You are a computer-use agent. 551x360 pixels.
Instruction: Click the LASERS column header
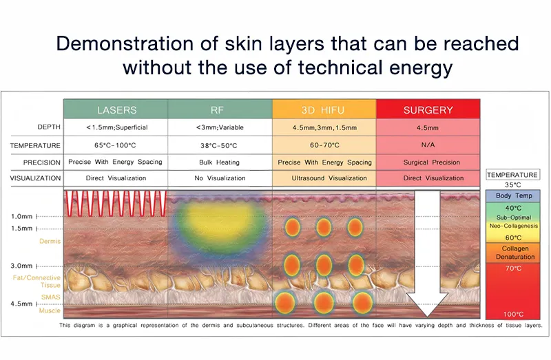click(116, 110)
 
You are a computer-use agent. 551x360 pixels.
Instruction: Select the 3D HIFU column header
click(322, 110)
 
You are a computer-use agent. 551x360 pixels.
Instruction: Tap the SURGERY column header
click(428, 110)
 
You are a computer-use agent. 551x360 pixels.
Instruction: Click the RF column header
click(217, 110)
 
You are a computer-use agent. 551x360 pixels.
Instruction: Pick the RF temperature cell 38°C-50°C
click(219, 145)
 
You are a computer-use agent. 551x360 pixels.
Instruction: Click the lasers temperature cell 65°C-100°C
click(115, 145)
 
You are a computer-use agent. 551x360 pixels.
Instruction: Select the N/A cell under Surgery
click(428, 145)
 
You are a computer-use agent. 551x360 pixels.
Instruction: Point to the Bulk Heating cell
click(219, 162)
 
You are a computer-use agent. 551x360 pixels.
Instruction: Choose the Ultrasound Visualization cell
click(329, 178)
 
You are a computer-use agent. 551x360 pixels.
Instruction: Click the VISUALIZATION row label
click(35, 178)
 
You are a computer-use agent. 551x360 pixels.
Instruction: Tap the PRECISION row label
click(42, 162)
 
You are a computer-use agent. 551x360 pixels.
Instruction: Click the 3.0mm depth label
click(21, 266)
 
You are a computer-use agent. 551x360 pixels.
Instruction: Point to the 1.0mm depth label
click(22, 216)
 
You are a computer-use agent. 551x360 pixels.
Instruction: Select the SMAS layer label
click(50, 297)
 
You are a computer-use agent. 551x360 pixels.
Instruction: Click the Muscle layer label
click(50, 310)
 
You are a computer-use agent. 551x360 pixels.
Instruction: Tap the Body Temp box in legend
click(513, 195)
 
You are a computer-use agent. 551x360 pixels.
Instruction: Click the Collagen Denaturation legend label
click(515, 253)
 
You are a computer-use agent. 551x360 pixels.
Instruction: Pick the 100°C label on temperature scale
click(513, 314)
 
